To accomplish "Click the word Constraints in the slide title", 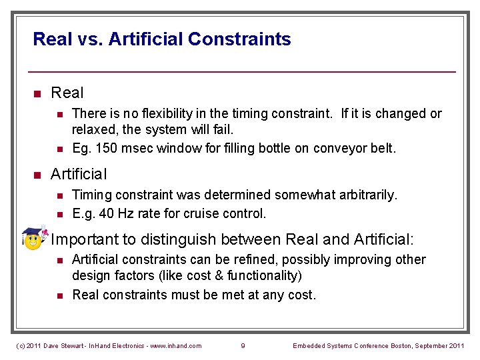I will point(239,39).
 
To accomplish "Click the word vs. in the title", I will point(89,39).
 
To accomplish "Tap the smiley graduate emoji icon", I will point(33,239).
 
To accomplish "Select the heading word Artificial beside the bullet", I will point(79,175).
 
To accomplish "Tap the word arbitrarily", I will point(364,195).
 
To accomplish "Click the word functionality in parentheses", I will point(263,275).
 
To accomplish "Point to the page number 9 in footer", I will point(243,345).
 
